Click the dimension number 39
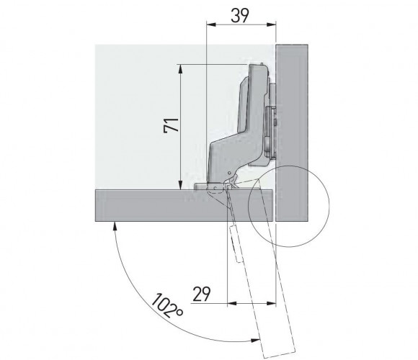tap(240, 16)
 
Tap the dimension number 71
tap(171, 125)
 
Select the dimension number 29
tap(202, 294)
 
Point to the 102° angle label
tap(167, 305)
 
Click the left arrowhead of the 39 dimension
tap(211, 24)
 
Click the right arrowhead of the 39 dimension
tap(271, 24)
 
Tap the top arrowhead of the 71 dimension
tap(180, 68)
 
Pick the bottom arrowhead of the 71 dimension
tap(180, 185)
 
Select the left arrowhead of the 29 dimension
tap(232, 303)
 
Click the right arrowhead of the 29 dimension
tap(271, 303)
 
